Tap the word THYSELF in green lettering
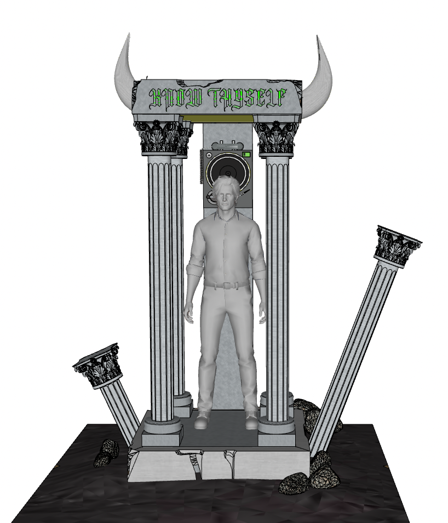click(247, 98)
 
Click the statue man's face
click(226, 195)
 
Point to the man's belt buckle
click(227, 286)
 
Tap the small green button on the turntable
click(246, 155)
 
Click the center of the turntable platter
click(228, 173)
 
